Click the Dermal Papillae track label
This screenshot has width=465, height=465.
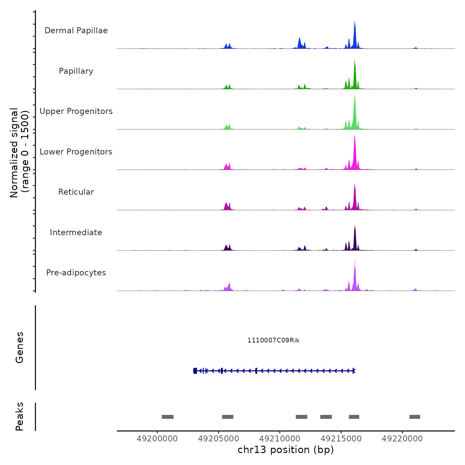tap(76, 31)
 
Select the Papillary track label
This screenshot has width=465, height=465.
tap(76, 71)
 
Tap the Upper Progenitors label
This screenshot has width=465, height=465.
tap(76, 111)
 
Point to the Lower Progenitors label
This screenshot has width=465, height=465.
tap(76, 152)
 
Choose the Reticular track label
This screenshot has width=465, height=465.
tap(76, 192)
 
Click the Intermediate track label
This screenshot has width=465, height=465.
tap(76, 232)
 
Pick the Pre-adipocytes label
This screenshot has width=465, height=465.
tap(76, 273)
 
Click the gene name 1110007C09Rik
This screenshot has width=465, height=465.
tap(273, 340)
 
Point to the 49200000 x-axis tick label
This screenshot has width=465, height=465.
tap(157, 439)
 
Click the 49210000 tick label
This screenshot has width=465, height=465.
tap(280, 439)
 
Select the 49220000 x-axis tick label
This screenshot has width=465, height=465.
tap(402, 439)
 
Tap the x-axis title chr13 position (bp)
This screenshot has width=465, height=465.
tap(286, 450)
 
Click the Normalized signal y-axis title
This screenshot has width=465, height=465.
tap(19, 153)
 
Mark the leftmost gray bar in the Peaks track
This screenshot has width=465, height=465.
tap(168, 417)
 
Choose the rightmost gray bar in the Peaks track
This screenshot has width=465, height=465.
tap(415, 417)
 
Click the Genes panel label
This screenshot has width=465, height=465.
tap(20, 347)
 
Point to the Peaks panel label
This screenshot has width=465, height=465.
tap(20, 417)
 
